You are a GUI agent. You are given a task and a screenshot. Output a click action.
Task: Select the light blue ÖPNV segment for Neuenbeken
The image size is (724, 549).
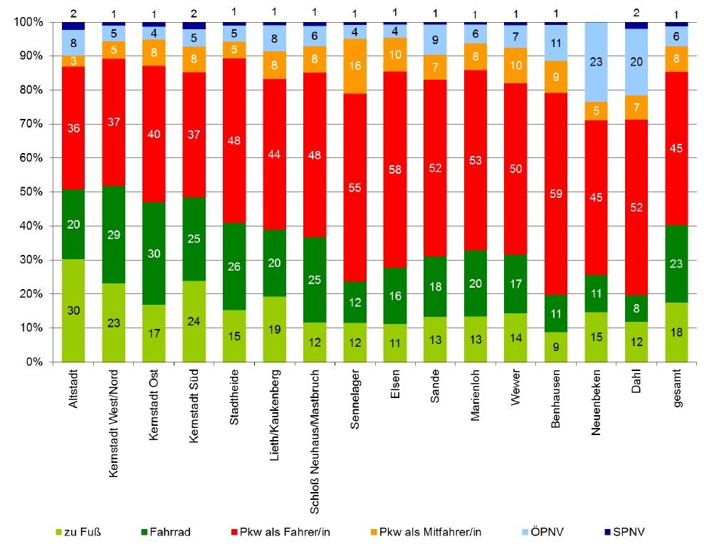(597, 62)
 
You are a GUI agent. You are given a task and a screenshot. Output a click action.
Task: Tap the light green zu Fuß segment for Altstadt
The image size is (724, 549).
(73, 310)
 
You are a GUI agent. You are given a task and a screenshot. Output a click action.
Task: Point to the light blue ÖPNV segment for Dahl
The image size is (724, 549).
(637, 62)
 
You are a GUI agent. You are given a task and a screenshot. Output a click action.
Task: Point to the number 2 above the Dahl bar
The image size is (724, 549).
(637, 12)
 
